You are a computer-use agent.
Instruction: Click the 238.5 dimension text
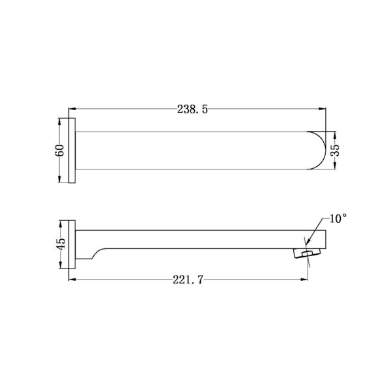tap(192, 109)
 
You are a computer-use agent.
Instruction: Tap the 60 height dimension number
tap(60, 151)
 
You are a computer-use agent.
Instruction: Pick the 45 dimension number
tap(60, 244)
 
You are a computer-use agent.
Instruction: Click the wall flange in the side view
tap(74, 244)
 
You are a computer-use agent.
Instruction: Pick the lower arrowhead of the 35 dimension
tap(336, 171)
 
